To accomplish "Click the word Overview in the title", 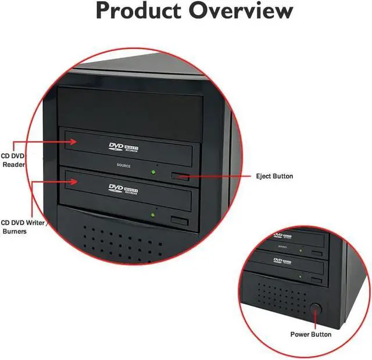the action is click(244, 11).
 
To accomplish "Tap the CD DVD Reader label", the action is click(13, 161).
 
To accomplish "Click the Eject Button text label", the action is click(274, 176).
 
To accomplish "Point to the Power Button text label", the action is click(311, 334).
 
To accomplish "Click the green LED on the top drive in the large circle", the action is click(153, 172).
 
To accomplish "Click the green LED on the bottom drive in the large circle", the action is click(152, 214).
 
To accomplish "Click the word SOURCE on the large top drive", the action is click(124, 166).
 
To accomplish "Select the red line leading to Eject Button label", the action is click(215, 176).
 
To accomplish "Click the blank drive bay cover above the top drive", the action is click(131, 105).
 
